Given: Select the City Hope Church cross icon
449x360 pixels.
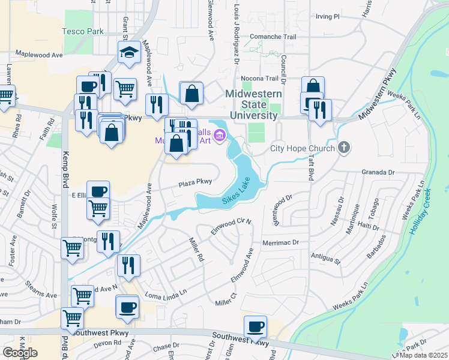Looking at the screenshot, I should tap(344, 147).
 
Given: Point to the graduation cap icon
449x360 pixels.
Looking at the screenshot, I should tap(128, 52).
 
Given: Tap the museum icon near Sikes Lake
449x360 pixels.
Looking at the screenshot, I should tap(220, 136).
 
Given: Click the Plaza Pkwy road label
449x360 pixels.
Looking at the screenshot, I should tap(194, 182).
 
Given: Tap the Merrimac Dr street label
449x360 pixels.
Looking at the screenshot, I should tap(280, 242).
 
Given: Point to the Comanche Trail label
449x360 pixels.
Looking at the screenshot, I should tap(274, 37).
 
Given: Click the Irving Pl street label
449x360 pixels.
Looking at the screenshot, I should tap(328, 16).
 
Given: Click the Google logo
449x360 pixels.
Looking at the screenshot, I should tap(20, 353).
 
